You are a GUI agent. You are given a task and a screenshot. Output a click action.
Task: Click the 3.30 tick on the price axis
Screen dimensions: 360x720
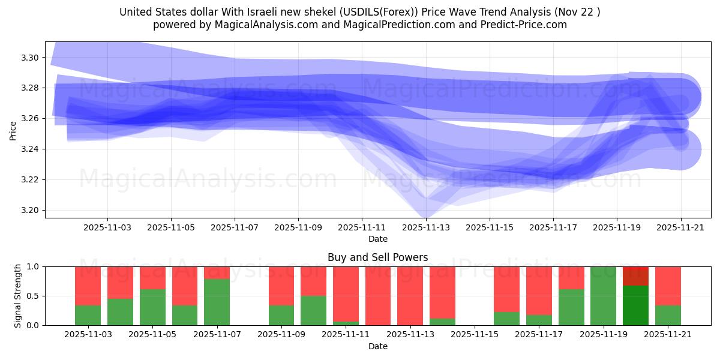tap(31, 58)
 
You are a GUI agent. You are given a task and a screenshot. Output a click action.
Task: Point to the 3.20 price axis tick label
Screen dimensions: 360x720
tap(31, 211)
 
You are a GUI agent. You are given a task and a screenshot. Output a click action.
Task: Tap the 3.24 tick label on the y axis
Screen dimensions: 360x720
tap(31, 149)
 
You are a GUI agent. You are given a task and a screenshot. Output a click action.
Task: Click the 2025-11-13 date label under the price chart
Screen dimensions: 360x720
tap(425, 228)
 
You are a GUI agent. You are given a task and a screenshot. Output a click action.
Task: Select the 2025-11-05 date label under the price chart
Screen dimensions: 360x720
tap(171, 228)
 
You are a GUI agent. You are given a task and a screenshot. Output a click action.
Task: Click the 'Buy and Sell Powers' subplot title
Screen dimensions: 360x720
tap(377, 257)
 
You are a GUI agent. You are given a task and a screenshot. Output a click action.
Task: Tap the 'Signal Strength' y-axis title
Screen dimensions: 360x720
tap(18, 296)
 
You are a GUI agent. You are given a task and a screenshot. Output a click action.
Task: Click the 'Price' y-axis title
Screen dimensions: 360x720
tap(13, 130)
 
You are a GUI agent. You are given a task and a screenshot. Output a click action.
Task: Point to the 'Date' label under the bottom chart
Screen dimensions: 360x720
tap(377, 346)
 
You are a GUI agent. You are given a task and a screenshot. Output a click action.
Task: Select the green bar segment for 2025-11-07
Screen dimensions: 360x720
tap(217, 302)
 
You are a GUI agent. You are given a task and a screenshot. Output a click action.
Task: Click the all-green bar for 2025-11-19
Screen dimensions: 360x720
tap(603, 296)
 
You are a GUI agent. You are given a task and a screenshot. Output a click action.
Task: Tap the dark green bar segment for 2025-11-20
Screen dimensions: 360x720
tap(635, 305)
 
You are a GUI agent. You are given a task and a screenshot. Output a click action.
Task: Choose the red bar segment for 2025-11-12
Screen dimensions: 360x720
tap(378, 296)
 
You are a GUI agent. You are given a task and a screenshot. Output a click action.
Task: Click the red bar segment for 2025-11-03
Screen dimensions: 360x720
tap(88, 286)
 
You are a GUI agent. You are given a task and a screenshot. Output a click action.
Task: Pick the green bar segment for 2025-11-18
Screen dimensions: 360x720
tap(571, 307)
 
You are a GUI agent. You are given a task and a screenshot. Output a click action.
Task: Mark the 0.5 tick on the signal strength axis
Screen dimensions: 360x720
tap(34, 296)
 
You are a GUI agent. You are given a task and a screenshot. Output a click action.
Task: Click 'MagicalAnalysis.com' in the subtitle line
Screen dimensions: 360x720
tap(254, 25)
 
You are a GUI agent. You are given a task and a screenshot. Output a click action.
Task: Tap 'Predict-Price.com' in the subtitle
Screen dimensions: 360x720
tap(526, 25)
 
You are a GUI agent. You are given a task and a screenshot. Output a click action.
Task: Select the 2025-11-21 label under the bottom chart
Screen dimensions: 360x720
tap(667, 334)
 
